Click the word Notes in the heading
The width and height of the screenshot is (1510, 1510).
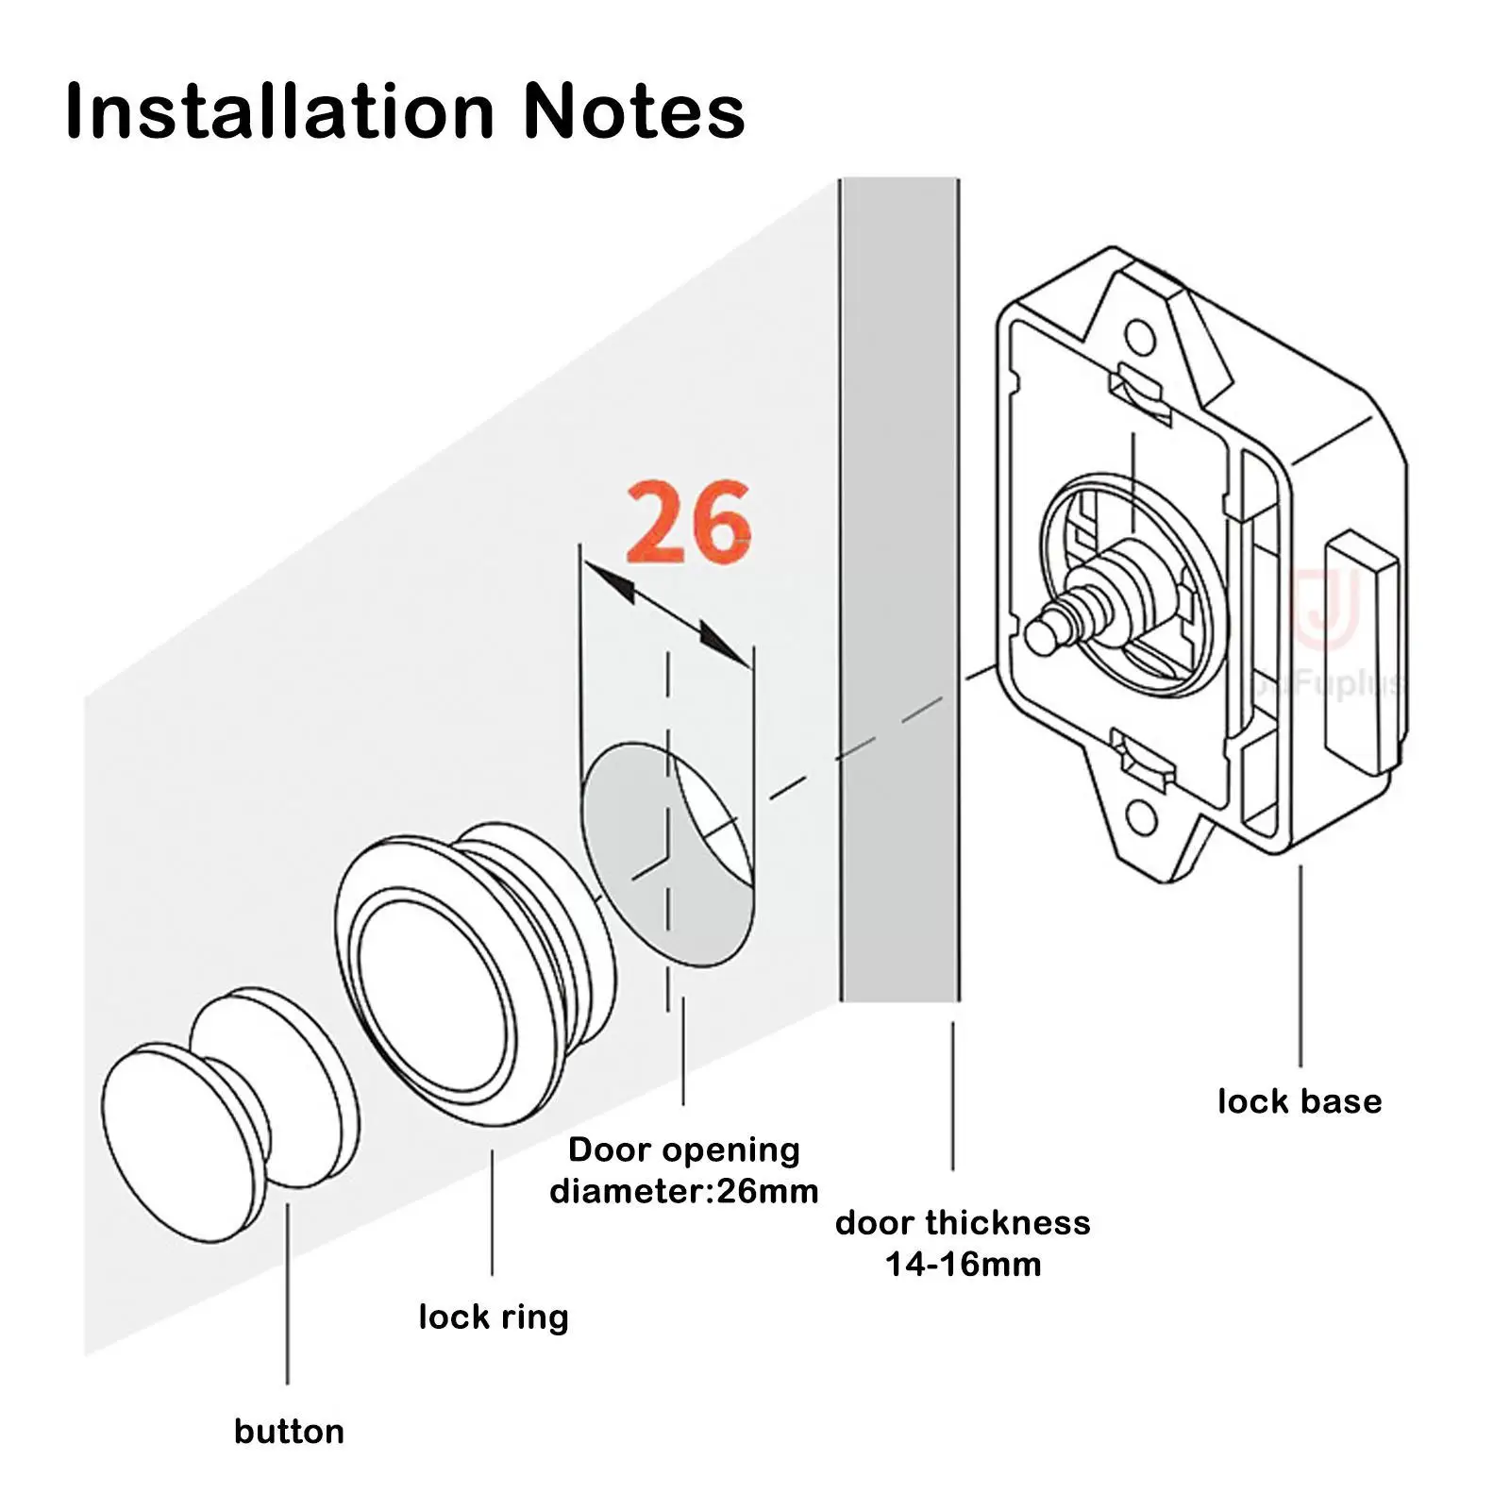[633, 111]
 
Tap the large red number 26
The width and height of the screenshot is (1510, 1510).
[688, 522]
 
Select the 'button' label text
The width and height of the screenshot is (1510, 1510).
[289, 1432]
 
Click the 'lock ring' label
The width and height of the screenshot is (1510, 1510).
[494, 1317]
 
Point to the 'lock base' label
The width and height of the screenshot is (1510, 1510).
[1300, 1101]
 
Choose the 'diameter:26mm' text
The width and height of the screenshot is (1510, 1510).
[684, 1191]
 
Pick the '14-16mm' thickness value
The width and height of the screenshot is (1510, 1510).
[963, 1264]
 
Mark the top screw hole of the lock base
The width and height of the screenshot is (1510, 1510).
[1140, 337]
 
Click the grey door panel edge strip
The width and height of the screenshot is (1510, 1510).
[899, 585]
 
